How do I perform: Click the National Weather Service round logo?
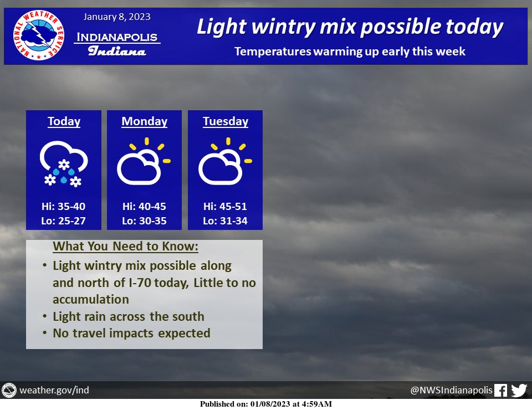coord(39,35)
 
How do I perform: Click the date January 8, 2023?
coord(117,17)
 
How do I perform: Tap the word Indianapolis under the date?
coord(117,37)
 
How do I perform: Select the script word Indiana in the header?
coord(117,51)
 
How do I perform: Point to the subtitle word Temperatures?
coord(273,52)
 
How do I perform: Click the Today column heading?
coord(64,121)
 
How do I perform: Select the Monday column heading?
coord(144,121)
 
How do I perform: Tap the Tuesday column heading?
coord(226,121)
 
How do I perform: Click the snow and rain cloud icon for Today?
coord(64,163)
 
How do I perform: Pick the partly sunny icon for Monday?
coord(144,161)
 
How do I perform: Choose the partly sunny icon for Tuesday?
coord(225,161)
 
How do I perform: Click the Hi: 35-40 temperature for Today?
coord(63,206)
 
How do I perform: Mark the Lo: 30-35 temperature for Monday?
coord(144,221)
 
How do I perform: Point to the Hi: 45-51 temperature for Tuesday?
coord(225,206)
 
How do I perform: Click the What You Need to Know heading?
coord(126,246)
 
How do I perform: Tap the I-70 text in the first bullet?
coord(140,283)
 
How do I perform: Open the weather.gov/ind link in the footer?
coord(54,390)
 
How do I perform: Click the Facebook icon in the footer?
coord(500,390)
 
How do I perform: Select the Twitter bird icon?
coord(519,390)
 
